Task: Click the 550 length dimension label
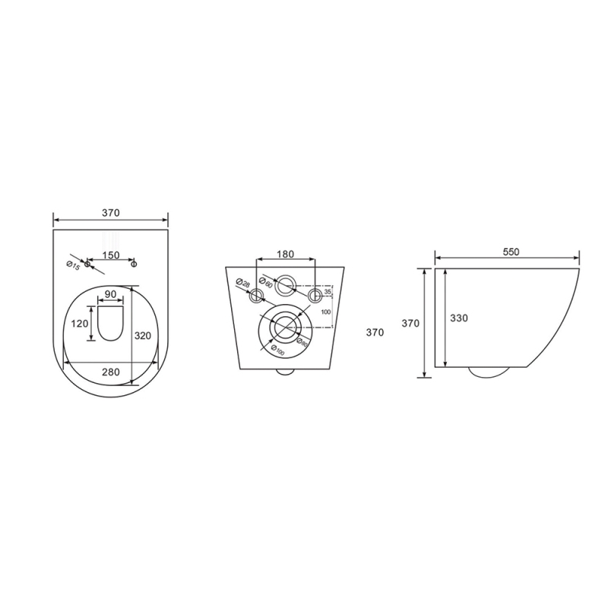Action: tap(511, 252)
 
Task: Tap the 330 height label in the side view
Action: tap(459, 318)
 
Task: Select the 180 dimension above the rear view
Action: tap(286, 255)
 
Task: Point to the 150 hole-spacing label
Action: tap(111, 255)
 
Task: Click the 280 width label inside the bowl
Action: tap(111, 372)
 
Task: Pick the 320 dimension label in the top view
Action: tap(142, 335)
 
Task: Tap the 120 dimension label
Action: tap(80, 323)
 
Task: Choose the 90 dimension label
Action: tap(111, 294)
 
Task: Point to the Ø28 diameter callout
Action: tap(242, 283)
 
